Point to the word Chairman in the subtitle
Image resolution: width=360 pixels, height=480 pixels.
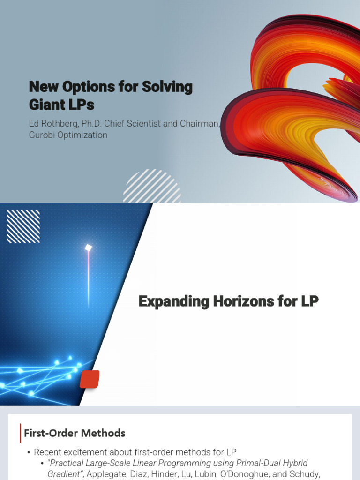coord(200,123)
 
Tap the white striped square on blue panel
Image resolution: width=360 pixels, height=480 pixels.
coord(23,226)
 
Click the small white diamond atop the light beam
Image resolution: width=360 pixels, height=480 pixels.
coord(88,248)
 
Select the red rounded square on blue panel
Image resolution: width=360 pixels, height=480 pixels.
coord(90,379)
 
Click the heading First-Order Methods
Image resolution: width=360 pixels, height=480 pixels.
coord(75,433)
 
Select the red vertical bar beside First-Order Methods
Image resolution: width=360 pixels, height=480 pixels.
coord(20,433)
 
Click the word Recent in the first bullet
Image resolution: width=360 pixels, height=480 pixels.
coord(48,452)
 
